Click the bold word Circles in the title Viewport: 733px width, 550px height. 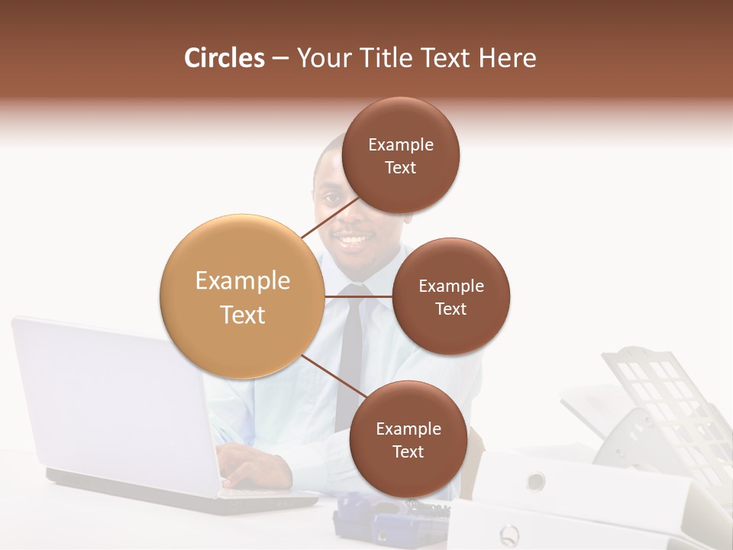click(224, 58)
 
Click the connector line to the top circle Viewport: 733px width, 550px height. click(330, 218)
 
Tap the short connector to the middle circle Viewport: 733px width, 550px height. click(359, 296)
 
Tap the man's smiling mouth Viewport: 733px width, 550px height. click(353, 242)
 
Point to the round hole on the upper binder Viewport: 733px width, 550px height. click(536, 480)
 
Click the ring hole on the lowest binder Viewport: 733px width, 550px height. click(508, 532)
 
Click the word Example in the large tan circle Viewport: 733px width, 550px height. click(242, 281)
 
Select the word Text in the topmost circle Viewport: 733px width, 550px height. click(400, 168)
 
